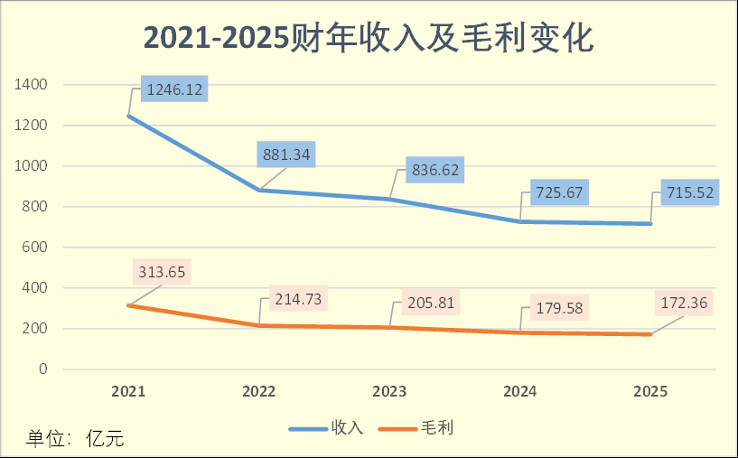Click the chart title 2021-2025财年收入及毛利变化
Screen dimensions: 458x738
(x=369, y=38)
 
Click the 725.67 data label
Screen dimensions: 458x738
(x=553, y=194)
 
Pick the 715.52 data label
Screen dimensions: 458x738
(x=684, y=194)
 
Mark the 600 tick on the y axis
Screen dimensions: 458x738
(x=35, y=248)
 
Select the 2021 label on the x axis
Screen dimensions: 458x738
(x=129, y=392)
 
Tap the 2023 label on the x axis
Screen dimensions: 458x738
(x=390, y=392)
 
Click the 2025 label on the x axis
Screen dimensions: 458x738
(x=650, y=392)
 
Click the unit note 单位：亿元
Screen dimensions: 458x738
(x=74, y=440)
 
